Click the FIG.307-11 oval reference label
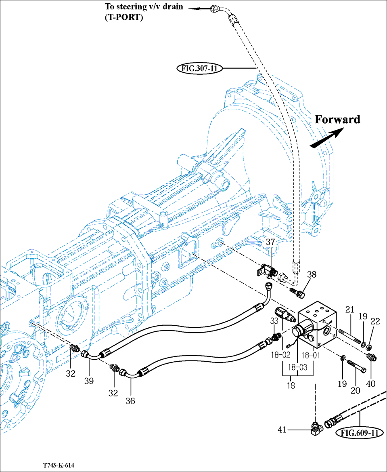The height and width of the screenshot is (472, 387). (199, 68)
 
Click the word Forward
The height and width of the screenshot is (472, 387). (337, 119)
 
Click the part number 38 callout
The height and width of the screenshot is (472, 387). (311, 274)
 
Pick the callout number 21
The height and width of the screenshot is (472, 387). (349, 310)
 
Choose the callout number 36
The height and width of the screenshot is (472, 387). (130, 401)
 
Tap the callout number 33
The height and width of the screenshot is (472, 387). (274, 321)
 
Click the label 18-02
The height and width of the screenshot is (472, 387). (280, 356)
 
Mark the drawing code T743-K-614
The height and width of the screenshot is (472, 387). (59, 466)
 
